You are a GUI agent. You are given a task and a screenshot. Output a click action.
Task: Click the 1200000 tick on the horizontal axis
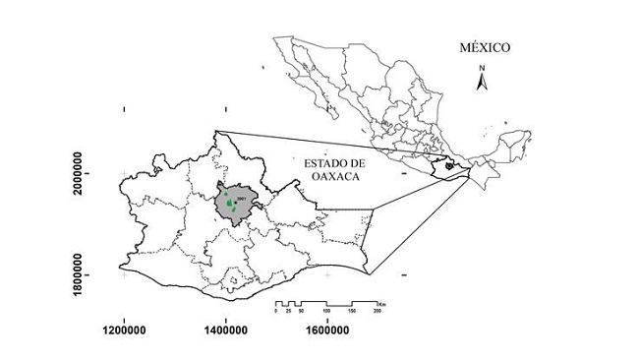[x=124, y=332]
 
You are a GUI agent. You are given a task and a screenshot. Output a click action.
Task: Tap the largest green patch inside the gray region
[x=229, y=204]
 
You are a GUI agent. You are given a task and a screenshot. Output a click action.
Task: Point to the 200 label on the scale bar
[x=378, y=310]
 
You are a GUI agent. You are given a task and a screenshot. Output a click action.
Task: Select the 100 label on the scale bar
[x=326, y=310]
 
